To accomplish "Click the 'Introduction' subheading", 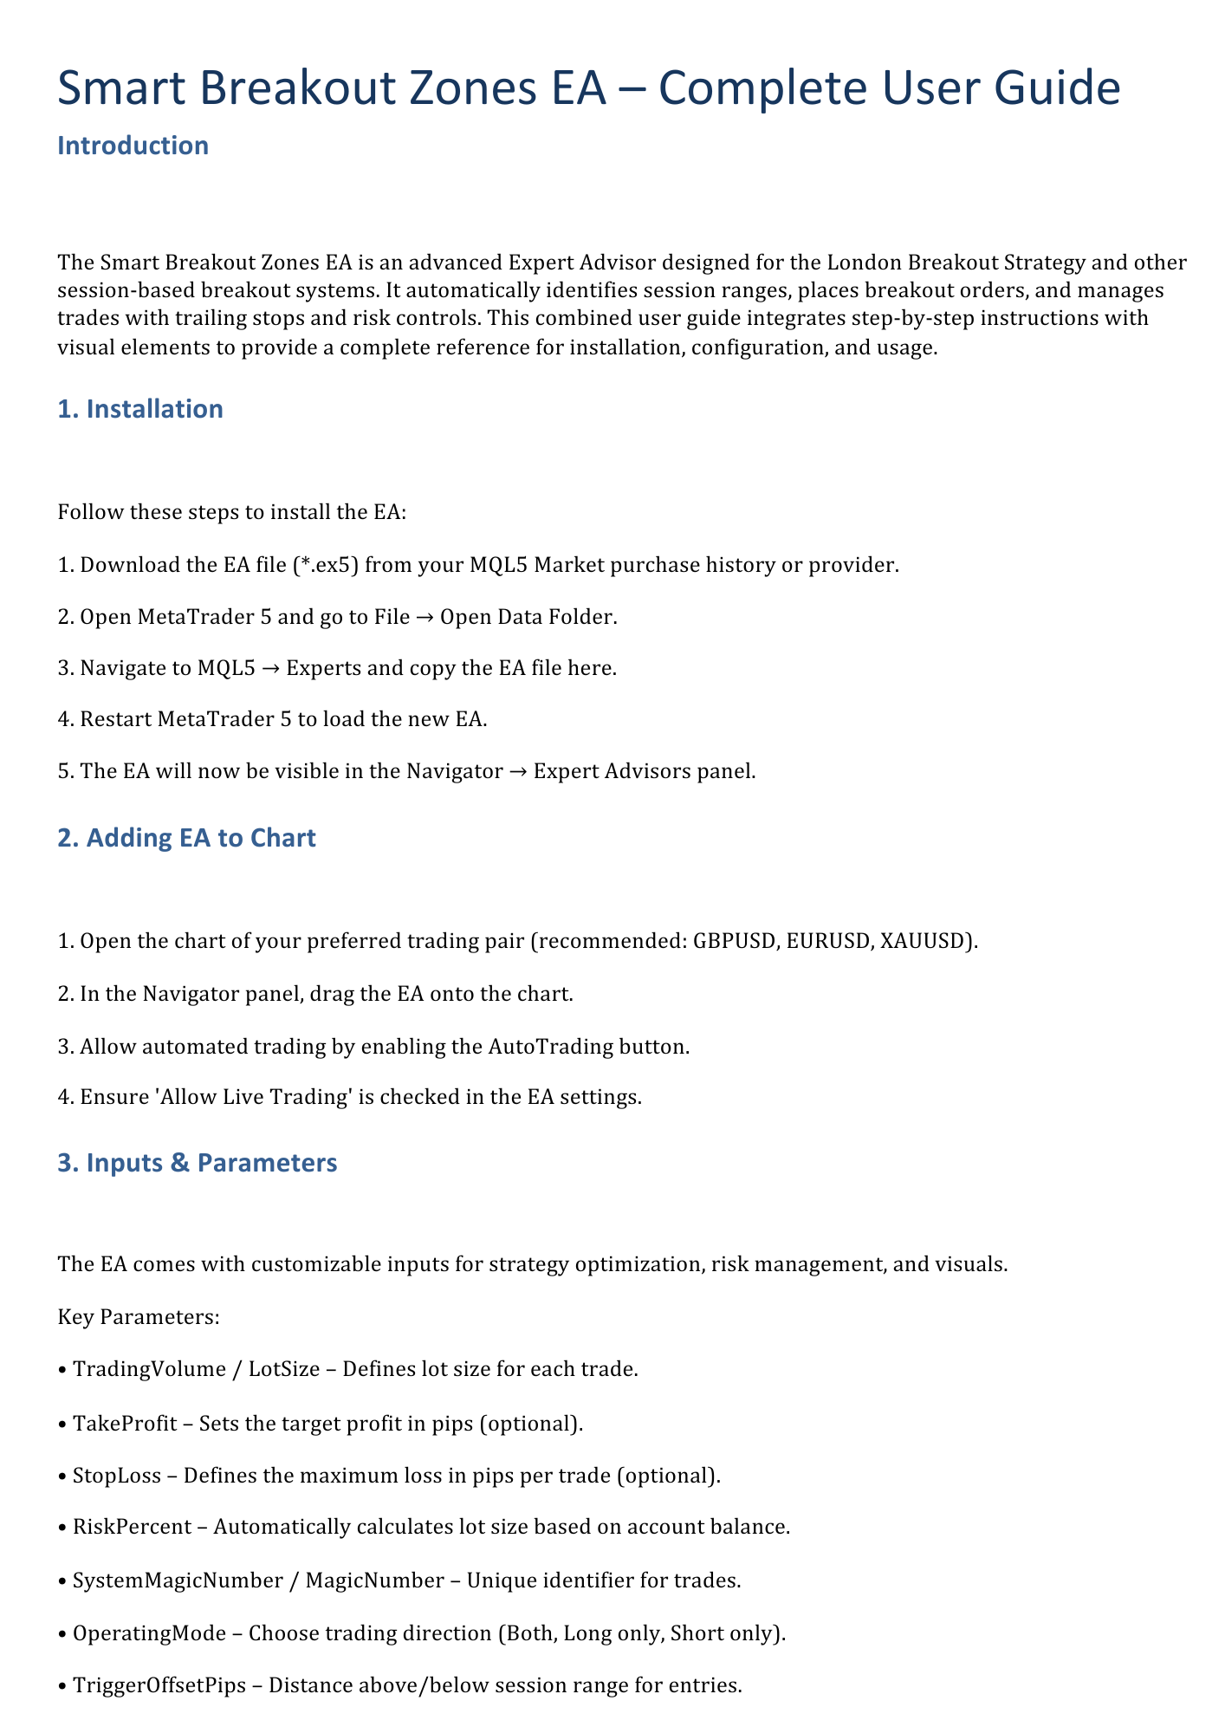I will [x=133, y=146].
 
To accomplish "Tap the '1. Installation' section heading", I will [x=139, y=409].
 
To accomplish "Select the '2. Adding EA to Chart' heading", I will [x=186, y=838].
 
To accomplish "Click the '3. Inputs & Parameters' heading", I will [x=197, y=1163].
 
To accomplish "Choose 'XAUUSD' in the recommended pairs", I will [x=922, y=941].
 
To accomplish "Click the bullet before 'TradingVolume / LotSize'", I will [x=62, y=1370].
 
